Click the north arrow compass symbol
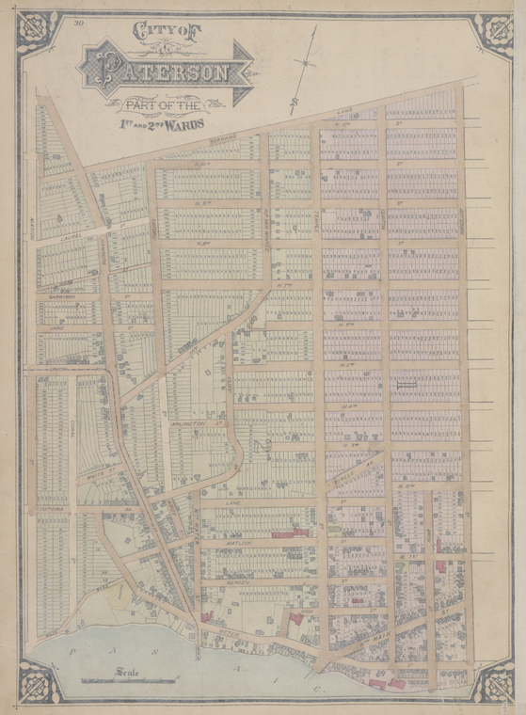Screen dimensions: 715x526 (305, 64)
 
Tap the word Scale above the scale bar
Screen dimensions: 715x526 (129, 671)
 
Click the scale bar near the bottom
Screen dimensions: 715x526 (129, 680)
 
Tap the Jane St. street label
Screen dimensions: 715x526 (56, 328)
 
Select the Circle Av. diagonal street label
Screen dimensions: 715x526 (356, 469)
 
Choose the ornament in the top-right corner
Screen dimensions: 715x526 (493, 33)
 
